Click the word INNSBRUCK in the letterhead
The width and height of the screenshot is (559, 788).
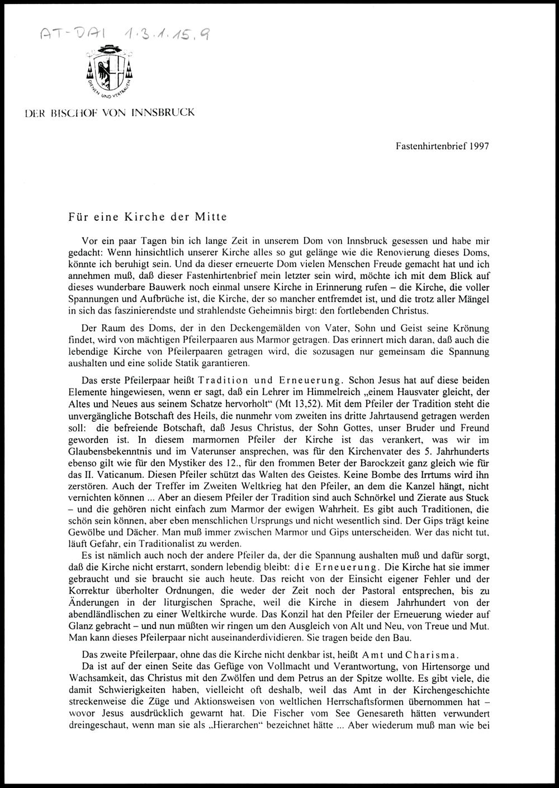point(163,112)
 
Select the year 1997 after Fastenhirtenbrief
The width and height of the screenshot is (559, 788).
point(479,146)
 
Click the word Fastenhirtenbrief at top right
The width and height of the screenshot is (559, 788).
point(431,146)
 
